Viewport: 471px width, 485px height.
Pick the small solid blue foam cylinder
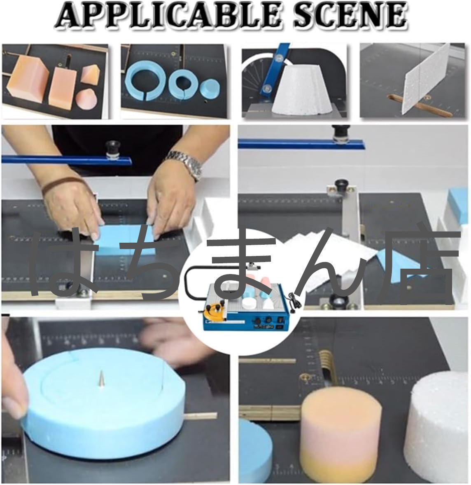[x=210, y=88]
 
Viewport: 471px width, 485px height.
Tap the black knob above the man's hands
[x=112, y=149]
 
